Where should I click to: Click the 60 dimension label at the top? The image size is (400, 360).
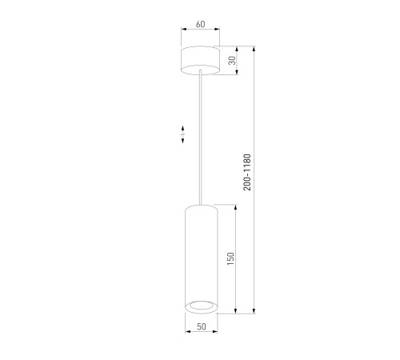pyautogui.click(x=201, y=24)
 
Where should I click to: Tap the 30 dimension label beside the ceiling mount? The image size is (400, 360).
pyautogui.click(x=233, y=60)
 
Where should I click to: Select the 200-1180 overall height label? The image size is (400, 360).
pyautogui.click(x=247, y=172)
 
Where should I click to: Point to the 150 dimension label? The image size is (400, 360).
pyautogui.click(x=230, y=258)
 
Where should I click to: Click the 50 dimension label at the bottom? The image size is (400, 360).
pyautogui.click(x=202, y=326)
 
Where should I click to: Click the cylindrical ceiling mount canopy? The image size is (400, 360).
pyautogui.click(x=200, y=60)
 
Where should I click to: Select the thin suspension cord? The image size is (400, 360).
pyautogui.click(x=200, y=138)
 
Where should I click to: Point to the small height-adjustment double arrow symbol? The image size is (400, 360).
pyautogui.click(x=182, y=134)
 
